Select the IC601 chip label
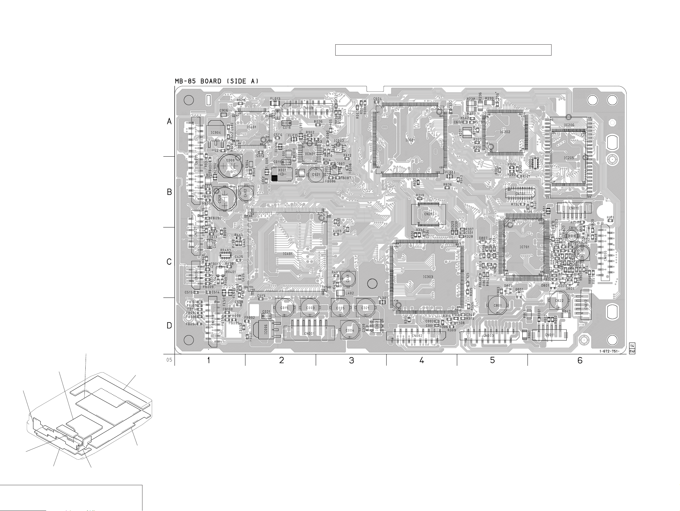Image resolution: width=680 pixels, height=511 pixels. [x=410, y=140]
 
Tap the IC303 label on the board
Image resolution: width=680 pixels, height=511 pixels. [x=428, y=277]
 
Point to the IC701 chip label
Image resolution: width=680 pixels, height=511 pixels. [x=525, y=247]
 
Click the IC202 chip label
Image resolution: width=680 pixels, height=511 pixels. [x=505, y=132]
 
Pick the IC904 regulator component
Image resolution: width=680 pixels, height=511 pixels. [x=216, y=133]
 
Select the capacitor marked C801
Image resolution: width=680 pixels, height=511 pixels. [x=497, y=305]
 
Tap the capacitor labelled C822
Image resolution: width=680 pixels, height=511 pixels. [x=559, y=301]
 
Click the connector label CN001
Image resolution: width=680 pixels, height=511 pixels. [x=309, y=333]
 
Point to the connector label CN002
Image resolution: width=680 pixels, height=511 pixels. [x=417, y=336]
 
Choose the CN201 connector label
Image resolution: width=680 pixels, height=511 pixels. [x=429, y=214]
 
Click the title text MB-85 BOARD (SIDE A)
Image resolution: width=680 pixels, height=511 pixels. [x=217, y=81]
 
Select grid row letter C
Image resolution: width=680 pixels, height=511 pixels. [x=169, y=262]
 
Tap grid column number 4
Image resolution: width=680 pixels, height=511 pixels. [x=422, y=360]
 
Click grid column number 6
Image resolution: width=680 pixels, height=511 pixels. [x=580, y=360]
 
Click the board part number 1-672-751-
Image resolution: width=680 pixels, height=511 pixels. [x=609, y=351]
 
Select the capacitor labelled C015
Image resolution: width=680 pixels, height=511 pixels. [x=284, y=308]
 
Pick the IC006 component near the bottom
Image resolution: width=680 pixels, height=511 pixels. [x=266, y=330]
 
